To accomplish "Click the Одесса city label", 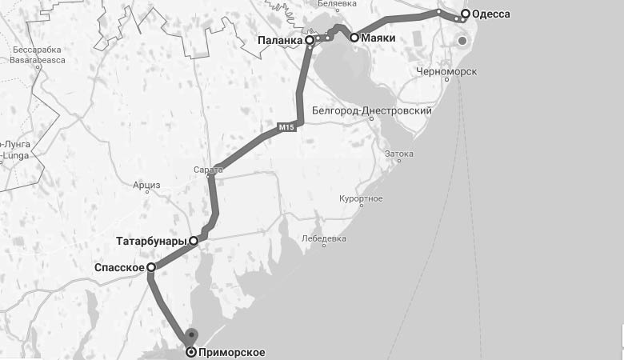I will pos(491,14).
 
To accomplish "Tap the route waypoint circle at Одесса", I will pos(465,14).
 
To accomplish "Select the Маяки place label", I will pos(378,38).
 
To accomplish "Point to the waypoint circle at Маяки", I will pos(354,38).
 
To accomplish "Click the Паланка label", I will pos(281,39).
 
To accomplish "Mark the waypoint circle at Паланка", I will pos(310,39).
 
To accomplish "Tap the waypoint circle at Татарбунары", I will pos(194,240).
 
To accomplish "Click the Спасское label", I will pos(119,268).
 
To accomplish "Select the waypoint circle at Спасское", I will pos(150,268).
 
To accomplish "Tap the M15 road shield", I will pos(286,126).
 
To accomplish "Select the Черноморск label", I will pos(446,72).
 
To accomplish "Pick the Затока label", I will pos(399,154).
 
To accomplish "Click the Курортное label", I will pos(360,198).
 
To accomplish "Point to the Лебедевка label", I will pos(324,238).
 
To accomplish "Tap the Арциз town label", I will pos(147,186).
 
